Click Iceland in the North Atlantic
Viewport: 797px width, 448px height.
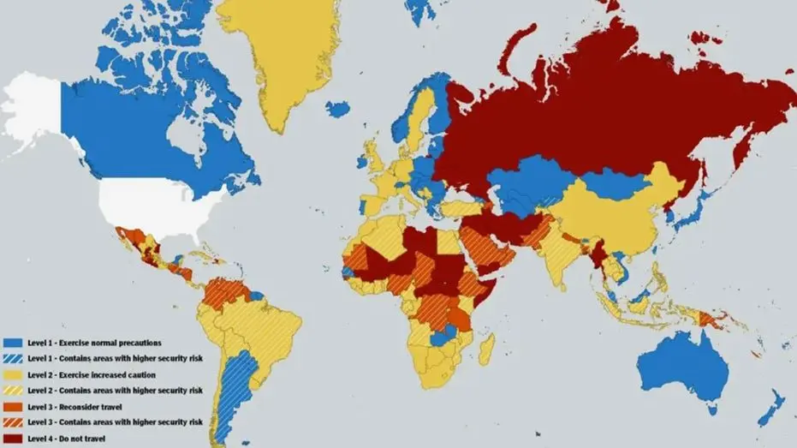click(337, 110)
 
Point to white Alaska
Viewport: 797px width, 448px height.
click(34, 111)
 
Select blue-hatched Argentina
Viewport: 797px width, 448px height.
click(229, 394)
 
